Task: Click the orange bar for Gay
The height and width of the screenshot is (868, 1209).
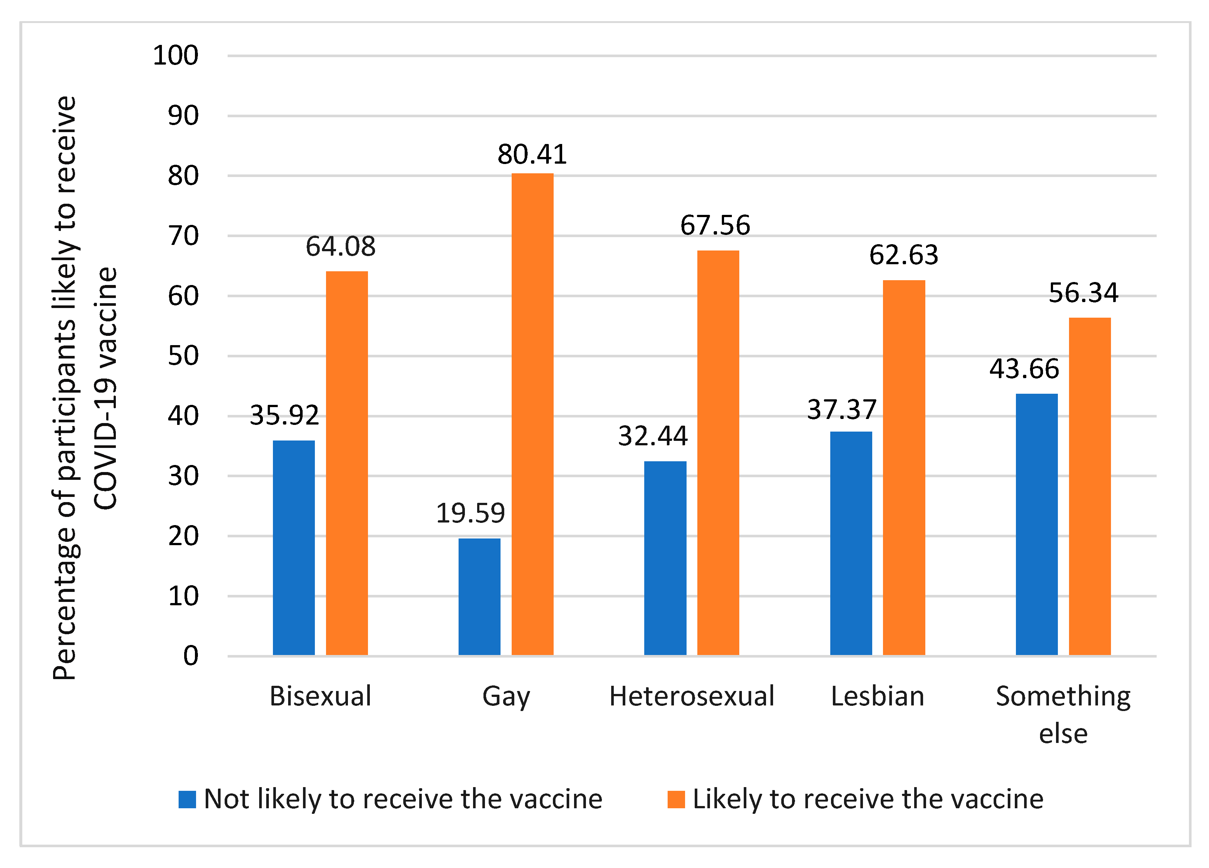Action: point(532,414)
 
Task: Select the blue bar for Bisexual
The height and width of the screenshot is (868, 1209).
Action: point(294,548)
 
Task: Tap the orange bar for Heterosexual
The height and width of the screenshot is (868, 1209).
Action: point(718,452)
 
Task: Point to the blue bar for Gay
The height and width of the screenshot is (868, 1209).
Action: point(479,597)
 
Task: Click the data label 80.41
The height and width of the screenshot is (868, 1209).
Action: point(532,154)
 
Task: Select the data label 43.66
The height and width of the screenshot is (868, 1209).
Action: point(1024,369)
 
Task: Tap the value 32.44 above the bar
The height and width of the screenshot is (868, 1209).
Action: point(652,436)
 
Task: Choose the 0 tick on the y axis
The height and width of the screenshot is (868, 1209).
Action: point(190,656)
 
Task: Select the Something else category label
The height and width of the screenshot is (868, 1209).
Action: point(1063,714)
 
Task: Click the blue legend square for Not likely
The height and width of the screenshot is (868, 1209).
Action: point(187,799)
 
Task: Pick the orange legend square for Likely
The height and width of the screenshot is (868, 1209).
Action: point(676,799)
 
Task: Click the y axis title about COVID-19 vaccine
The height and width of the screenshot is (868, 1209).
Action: point(85,387)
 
